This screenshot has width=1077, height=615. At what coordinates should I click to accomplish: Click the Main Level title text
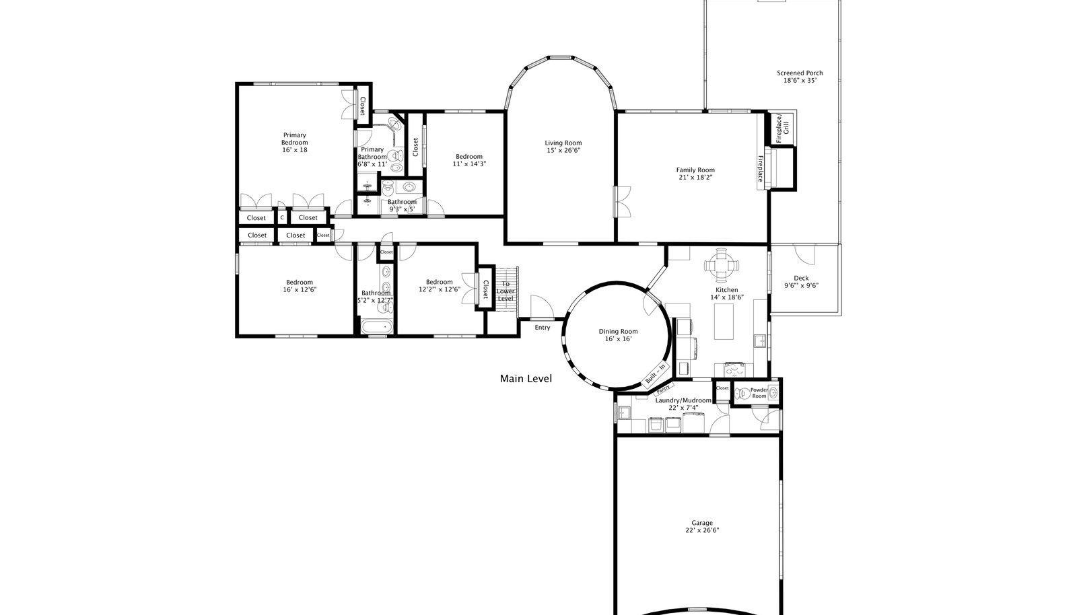[x=526, y=379]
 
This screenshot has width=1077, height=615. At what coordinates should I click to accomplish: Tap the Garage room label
[x=702, y=523]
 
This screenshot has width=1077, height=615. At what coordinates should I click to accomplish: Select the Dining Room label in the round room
[x=618, y=332]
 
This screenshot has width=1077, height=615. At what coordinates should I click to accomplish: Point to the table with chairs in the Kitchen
[x=722, y=264]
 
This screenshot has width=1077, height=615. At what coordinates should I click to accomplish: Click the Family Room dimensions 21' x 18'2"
[x=695, y=177]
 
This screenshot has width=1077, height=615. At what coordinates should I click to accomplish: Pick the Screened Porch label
[x=800, y=73]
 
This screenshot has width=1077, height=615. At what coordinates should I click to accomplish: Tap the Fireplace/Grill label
[x=782, y=129]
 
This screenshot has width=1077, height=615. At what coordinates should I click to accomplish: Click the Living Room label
[x=563, y=143]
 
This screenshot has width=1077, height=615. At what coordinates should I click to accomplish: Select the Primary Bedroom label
[x=294, y=139]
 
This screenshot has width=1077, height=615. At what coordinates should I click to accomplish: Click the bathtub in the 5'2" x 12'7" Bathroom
[x=377, y=327]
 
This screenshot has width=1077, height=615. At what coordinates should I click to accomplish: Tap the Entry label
[x=543, y=328]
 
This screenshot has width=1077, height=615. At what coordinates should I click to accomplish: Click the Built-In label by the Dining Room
[x=656, y=374]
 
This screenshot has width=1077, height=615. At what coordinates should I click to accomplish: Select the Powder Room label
[x=759, y=393]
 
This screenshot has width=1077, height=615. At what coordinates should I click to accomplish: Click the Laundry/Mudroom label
[x=683, y=400]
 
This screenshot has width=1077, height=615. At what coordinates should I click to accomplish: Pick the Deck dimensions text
[x=801, y=285]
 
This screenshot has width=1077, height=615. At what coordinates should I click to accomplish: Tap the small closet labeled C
[x=282, y=217]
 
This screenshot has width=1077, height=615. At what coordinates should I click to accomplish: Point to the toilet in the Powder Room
[x=742, y=394]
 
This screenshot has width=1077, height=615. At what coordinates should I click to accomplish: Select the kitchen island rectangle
[x=724, y=322]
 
